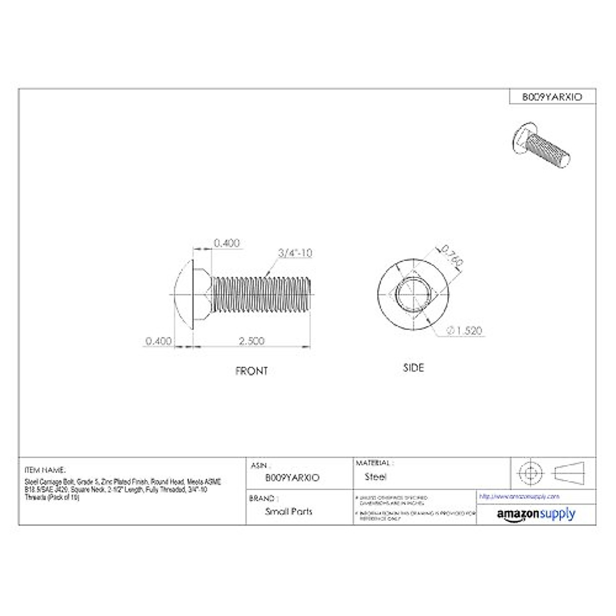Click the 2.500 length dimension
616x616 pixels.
[252, 341]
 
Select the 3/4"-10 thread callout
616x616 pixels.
[295, 253]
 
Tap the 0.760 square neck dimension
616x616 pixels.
[452, 255]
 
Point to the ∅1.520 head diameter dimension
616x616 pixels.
[465, 331]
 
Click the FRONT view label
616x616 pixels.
[252, 371]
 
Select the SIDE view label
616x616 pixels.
[414, 368]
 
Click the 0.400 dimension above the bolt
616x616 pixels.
[227, 243]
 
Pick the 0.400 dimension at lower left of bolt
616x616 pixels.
[159, 341]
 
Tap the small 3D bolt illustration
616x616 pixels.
[541, 143]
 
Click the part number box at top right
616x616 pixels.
[552, 97]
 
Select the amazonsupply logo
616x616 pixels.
[536, 514]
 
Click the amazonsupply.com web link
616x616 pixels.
[519, 496]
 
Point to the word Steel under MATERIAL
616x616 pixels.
[376, 477]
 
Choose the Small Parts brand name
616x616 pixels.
[288, 511]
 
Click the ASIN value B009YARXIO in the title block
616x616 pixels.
[292, 477]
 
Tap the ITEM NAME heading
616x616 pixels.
[45, 470]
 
